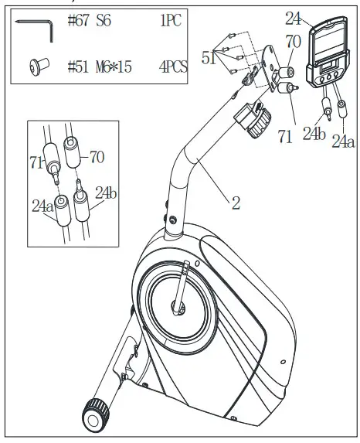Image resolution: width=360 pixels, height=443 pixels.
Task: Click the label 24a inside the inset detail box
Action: (43, 207)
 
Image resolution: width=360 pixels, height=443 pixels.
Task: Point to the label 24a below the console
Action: (345, 141)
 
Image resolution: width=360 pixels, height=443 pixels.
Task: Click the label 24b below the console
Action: (314, 135)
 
